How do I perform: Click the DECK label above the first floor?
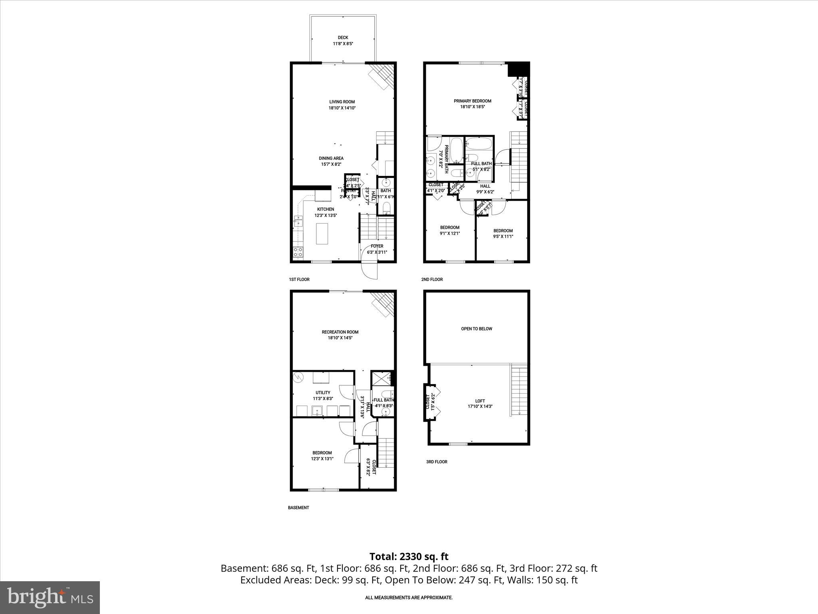click(x=343, y=38)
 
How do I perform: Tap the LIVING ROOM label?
click(x=342, y=102)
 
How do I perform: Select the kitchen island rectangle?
click(x=322, y=233)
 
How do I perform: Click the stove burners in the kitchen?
click(x=298, y=252)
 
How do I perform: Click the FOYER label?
click(x=377, y=246)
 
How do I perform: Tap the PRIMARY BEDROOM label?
click(x=472, y=101)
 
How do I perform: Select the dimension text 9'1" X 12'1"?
click(x=450, y=233)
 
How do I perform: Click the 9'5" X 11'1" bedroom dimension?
click(x=503, y=236)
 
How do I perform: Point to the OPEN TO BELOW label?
click(x=477, y=329)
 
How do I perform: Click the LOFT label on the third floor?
click(x=480, y=401)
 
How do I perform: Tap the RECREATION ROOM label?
click(x=340, y=332)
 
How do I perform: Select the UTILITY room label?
click(x=323, y=393)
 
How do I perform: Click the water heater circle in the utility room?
click(x=298, y=377)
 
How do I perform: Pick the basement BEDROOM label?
click(x=322, y=453)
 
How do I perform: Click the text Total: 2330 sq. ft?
click(x=409, y=556)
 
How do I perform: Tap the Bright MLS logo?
click(x=50, y=597)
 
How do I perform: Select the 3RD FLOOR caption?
click(x=436, y=462)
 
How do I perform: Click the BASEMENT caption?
click(x=298, y=508)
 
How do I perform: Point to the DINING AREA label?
click(x=331, y=158)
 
